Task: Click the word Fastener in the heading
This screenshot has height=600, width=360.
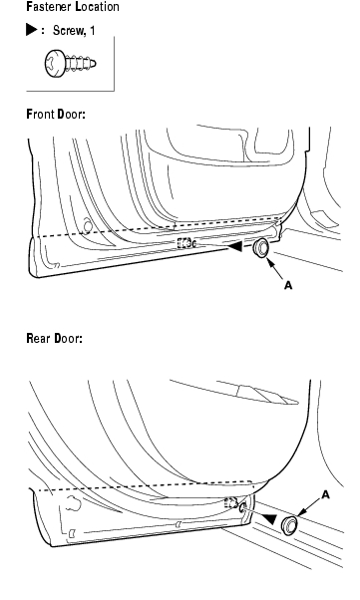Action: pos(49,7)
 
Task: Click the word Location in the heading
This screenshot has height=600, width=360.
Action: pos(98,7)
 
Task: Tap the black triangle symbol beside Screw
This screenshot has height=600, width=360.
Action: pos(31,30)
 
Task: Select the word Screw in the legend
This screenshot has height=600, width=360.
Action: pos(69,31)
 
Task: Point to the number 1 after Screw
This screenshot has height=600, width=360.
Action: pos(92,31)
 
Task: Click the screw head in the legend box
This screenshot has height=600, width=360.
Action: pos(54,63)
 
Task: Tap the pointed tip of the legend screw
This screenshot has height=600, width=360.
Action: pos(95,64)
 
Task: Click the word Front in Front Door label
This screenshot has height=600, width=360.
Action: pos(41,114)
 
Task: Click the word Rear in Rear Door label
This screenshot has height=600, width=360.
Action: pos(38,338)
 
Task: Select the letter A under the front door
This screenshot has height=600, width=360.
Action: pos(288,285)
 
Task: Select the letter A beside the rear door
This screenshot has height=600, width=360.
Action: pos(325,495)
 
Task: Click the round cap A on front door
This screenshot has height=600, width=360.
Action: pos(261,248)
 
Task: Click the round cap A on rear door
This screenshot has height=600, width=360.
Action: pos(290,525)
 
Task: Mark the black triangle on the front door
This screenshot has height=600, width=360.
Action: pos(235,246)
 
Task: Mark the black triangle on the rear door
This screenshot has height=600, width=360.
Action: pos(269,519)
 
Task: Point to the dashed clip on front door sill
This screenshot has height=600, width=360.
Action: pos(186,242)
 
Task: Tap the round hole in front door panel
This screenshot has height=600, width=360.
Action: pos(88,226)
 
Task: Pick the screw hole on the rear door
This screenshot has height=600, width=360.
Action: pos(242,508)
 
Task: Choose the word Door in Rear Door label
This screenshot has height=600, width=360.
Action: pos(68,338)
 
